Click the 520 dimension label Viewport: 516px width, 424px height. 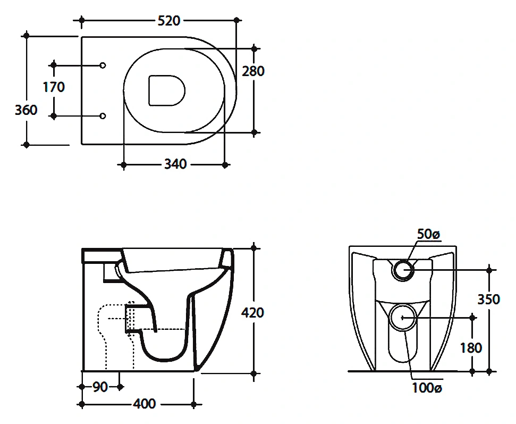[x=169, y=21]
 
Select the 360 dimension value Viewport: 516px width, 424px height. [x=26, y=110]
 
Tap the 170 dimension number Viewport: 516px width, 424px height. [x=54, y=87]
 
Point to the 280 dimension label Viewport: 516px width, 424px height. [x=253, y=71]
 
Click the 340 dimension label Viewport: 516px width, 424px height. [x=175, y=164]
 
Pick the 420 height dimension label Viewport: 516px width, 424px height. [x=252, y=313]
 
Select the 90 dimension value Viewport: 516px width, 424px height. [x=100, y=387]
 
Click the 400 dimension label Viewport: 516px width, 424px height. [x=145, y=404]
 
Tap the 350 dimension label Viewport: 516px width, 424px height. [x=489, y=300]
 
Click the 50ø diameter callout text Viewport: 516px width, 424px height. [x=428, y=234]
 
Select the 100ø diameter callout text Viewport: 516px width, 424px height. [x=427, y=388]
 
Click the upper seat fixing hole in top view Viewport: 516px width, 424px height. [x=103, y=65]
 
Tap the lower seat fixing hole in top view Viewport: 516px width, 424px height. [x=103, y=116]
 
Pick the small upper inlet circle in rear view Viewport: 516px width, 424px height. [x=403, y=270]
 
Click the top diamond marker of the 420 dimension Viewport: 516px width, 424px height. [x=253, y=248]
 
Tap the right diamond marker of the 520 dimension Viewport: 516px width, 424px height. [x=236, y=20]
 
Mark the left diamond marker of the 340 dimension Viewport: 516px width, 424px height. [x=123, y=164]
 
